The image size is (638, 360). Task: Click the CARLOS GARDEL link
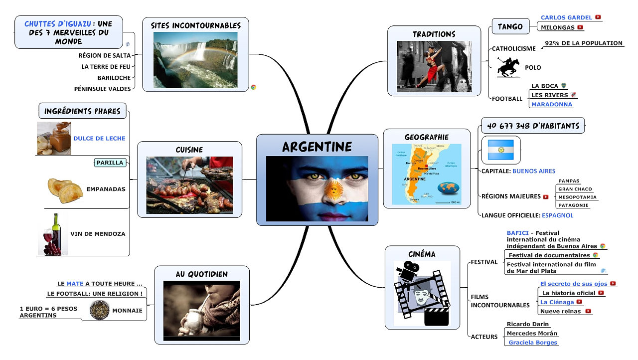pyautogui.click(x=566, y=17)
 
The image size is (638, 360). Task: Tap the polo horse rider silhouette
pyautogui.click(x=508, y=67)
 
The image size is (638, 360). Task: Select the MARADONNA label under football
pyautogui.click(x=552, y=105)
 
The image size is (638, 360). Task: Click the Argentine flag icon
pyautogui.click(x=501, y=150)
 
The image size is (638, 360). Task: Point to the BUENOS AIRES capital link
pyautogui.click(x=534, y=171)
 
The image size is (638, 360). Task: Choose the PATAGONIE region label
pyautogui.click(x=573, y=205)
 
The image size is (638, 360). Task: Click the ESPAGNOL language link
pyautogui.click(x=557, y=215)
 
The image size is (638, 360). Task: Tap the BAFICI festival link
pyautogui.click(x=517, y=233)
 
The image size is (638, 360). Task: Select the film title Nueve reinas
pyautogui.click(x=560, y=312)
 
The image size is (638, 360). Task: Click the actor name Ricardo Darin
pyautogui.click(x=527, y=324)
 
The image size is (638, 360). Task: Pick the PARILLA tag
pyautogui.click(x=110, y=163)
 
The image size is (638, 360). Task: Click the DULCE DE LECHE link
pyautogui.click(x=99, y=139)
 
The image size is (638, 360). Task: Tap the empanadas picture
pyautogui.click(x=65, y=190)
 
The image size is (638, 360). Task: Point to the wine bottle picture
pyautogui.click(x=53, y=234)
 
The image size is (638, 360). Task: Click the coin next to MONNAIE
pyautogui.click(x=99, y=310)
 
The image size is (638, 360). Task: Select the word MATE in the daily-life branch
pyautogui.click(x=75, y=284)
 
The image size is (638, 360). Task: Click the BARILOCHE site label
pyautogui.click(x=114, y=78)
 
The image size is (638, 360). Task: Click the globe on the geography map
pyautogui.click(x=448, y=188)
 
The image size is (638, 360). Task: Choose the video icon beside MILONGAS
pyautogui.click(x=580, y=27)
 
